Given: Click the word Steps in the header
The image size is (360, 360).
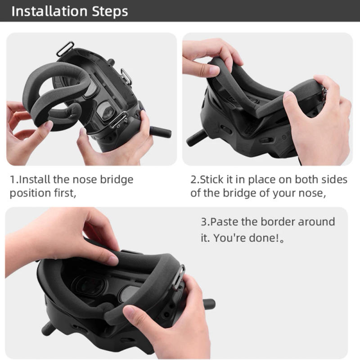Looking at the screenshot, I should (x=111, y=11).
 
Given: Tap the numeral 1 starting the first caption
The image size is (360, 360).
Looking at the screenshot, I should (x=12, y=180).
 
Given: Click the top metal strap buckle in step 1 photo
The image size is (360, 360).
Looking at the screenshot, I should (x=65, y=49).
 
